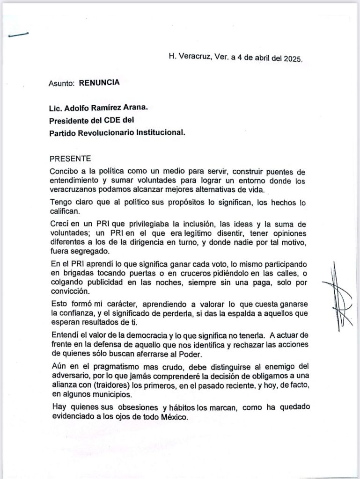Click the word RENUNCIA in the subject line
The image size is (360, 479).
[99, 83]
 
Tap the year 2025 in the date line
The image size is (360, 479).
[293, 59]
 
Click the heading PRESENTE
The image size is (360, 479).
[70, 159]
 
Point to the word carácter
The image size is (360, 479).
[118, 303]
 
